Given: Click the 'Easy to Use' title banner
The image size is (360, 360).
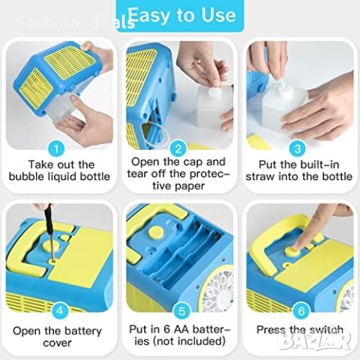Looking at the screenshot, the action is click(x=181, y=16).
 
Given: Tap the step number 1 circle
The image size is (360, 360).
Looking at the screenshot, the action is click(x=56, y=149).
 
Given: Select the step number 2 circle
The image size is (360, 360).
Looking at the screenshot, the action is click(x=178, y=149).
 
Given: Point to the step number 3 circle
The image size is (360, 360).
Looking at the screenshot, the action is click(x=298, y=149).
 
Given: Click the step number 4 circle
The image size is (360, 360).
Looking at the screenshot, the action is click(x=60, y=310).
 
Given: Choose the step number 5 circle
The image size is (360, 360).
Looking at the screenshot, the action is click(x=182, y=310).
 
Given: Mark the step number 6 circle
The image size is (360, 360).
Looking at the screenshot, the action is click(x=301, y=310).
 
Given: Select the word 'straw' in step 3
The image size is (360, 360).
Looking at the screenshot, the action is click(x=260, y=176).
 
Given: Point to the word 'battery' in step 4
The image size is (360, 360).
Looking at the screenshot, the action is click(x=82, y=331).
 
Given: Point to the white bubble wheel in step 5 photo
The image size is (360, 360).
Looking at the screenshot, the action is click(x=218, y=287).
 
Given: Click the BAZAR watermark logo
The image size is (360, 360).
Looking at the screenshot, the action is click(x=314, y=340).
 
